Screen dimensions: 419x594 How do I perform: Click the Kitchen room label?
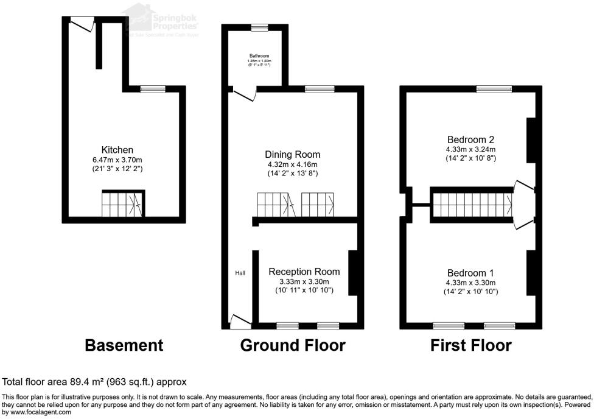point(117,150)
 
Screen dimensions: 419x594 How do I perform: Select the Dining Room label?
point(292,155)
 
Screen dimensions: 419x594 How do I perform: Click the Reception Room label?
point(304,272)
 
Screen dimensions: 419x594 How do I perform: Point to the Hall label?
point(240,273)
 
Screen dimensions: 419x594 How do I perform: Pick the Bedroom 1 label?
point(470,272)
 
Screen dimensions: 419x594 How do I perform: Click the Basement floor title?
point(124,346)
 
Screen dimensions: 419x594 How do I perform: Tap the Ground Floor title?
point(293,346)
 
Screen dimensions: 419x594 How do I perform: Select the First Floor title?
point(470,346)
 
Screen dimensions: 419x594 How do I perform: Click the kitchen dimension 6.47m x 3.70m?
point(117,160)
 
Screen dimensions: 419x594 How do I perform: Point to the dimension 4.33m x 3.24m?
point(470,149)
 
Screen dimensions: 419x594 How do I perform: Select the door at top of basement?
point(81,23)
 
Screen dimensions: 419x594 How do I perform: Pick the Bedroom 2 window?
point(494,89)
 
